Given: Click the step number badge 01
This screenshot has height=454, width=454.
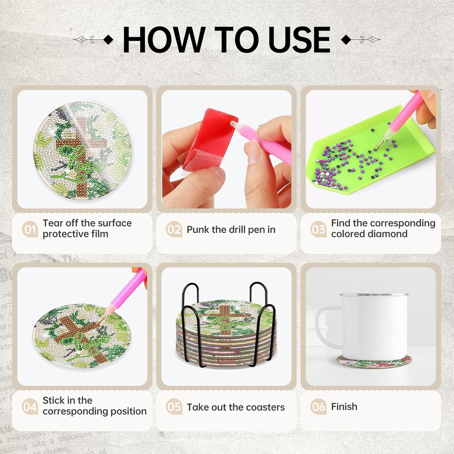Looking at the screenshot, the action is [30, 229].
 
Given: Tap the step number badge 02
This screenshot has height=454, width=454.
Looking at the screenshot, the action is [174, 229].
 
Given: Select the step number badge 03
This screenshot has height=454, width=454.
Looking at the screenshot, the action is [318, 229].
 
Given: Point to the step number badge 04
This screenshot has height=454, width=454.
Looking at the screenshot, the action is [30, 407].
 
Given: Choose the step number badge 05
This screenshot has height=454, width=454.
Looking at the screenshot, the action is [174, 407].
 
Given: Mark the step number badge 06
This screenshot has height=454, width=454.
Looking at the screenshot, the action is [318, 407].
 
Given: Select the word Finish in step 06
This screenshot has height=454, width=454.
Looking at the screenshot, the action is [344, 407].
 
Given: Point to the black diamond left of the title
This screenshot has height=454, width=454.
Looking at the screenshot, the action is [108, 40].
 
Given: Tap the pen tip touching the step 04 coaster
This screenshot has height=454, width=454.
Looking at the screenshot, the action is [102, 320].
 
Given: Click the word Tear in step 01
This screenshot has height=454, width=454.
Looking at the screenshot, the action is [53, 223].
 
